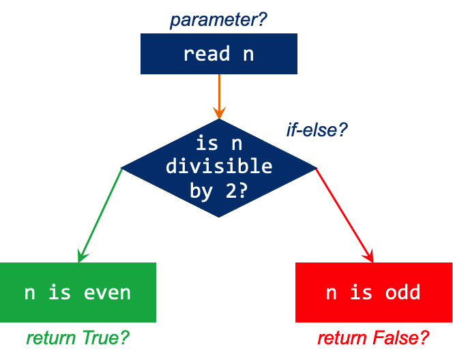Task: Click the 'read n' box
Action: point(218,55)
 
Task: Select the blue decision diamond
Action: point(218,168)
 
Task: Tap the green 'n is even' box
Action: point(78,292)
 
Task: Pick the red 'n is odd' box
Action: point(374,292)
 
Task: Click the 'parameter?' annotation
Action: point(218,20)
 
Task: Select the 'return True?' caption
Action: point(78,337)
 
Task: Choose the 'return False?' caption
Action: point(373,337)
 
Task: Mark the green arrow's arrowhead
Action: point(81,257)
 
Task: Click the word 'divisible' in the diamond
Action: point(218,166)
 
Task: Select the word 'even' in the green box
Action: point(107,293)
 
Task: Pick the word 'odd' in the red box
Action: point(403,293)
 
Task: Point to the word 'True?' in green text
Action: point(105,337)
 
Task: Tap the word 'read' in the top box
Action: point(206,55)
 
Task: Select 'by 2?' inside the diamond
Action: point(218,191)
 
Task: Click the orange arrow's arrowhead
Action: point(218,112)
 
